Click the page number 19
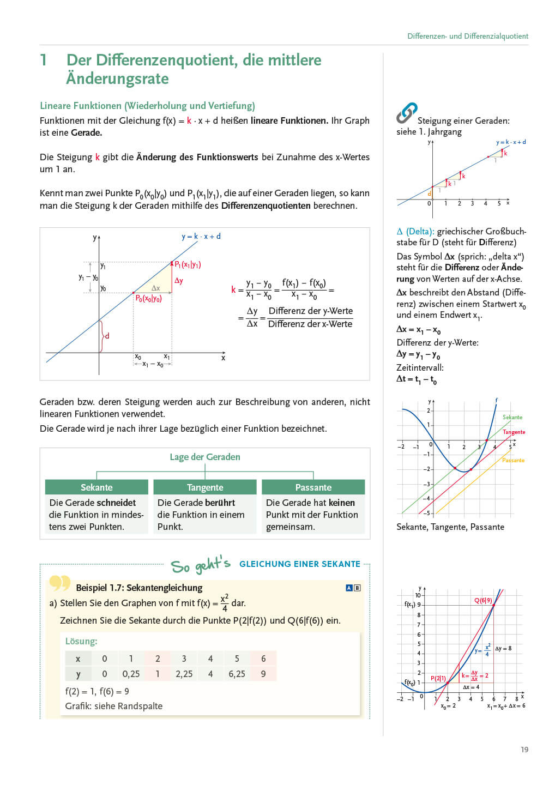point(524,750)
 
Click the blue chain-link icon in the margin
point(407,112)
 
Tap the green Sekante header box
point(96,487)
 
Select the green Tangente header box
point(205,487)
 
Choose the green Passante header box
point(313,487)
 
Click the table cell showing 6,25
point(237,674)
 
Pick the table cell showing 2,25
point(184,674)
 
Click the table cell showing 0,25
point(131,674)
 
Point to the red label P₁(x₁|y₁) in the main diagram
point(188,264)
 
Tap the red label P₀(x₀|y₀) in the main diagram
point(148,298)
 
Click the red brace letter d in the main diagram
point(107,336)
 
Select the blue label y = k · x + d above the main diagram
point(201,236)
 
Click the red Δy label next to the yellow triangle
point(179,281)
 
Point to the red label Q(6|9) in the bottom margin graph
point(482,600)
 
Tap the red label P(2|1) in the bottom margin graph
point(438,678)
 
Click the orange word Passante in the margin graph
point(513,460)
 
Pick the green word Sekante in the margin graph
point(512,417)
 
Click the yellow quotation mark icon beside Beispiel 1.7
point(60,583)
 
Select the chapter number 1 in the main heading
point(44,60)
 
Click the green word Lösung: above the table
point(81,641)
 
